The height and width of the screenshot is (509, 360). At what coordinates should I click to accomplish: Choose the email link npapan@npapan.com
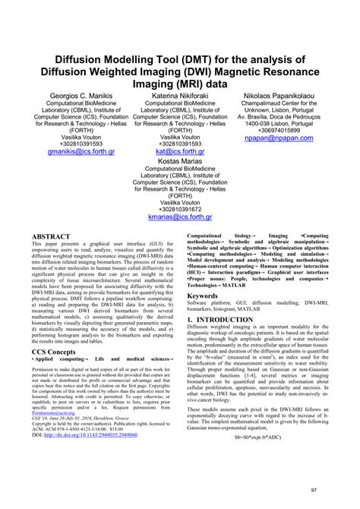click(293, 140)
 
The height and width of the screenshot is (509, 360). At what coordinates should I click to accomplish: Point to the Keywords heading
click(209, 294)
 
